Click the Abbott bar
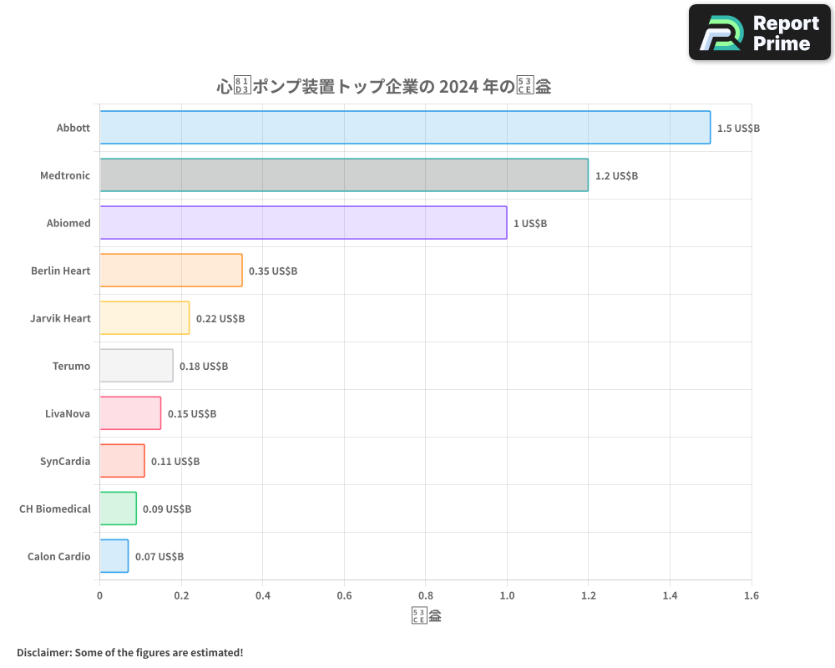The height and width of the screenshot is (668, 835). tap(405, 128)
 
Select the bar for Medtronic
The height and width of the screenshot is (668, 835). tap(344, 175)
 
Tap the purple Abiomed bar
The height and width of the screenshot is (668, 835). tap(303, 223)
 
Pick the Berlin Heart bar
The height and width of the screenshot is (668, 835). tap(171, 271)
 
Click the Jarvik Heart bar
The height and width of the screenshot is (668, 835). tap(144, 318)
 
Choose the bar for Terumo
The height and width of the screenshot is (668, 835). tap(136, 366)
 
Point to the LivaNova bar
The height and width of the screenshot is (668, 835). tap(130, 413)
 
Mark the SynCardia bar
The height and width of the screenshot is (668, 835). tap(122, 461)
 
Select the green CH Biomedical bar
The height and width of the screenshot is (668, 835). tap(118, 509)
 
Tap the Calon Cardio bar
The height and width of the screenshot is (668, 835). tap(114, 556)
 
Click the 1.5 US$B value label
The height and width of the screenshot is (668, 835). tap(738, 129)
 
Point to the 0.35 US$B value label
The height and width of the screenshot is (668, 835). tap(273, 271)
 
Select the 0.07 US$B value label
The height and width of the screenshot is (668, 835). tap(159, 557)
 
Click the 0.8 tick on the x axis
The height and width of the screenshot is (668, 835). tap(425, 595)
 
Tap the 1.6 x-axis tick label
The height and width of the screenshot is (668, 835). tap(751, 595)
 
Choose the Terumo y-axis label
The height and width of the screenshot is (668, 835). tap(71, 367)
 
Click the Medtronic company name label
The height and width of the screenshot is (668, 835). tap(65, 176)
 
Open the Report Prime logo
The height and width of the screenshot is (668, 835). tap(759, 33)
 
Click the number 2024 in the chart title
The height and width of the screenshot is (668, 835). tap(459, 86)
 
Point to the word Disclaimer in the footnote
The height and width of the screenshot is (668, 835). tap(43, 652)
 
